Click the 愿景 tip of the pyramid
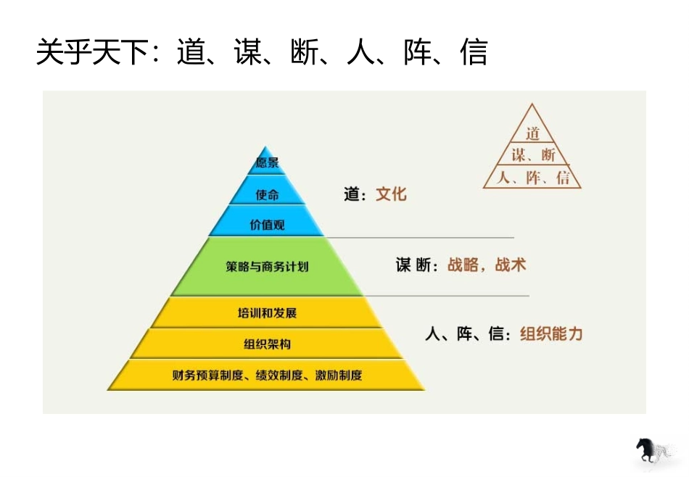pyautogui.click(x=267, y=163)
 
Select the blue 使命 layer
pyautogui.click(x=267, y=194)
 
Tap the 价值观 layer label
pyautogui.click(x=267, y=225)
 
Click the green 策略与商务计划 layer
pyautogui.click(x=267, y=266)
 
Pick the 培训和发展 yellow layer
pyautogui.click(x=267, y=313)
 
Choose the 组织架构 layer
pyautogui.click(x=267, y=344)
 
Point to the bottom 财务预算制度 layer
pyautogui.click(x=267, y=375)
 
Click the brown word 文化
pyautogui.click(x=391, y=194)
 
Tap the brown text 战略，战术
pyautogui.click(x=486, y=265)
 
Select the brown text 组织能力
pyautogui.click(x=551, y=334)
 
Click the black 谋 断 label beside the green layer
pyautogui.click(x=415, y=265)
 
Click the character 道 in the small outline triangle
pyautogui.click(x=533, y=133)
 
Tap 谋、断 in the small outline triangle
pyautogui.click(x=533, y=154)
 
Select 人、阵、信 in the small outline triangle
pyautogui.click(x=533, y=178)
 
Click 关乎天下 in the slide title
pyautogui.click(x=91, y=53)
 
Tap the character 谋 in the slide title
pyautogui.click(x=247, y=53)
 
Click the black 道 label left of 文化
pyautogui.click(x=351, y=194)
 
